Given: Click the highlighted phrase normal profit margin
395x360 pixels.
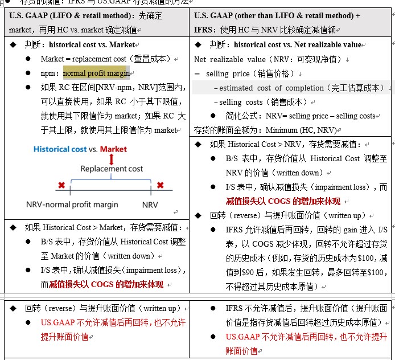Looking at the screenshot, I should [x=96, y=73].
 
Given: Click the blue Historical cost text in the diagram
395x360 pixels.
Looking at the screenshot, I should [x=60, y=149].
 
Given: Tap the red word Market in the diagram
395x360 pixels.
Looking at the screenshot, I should [x=113, y=149].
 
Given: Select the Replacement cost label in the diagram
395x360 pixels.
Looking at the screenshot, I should [x=112, y=169].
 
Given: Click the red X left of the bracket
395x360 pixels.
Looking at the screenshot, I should [x=61, y=185].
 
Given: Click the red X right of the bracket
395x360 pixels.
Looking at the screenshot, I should [x=161, y=185].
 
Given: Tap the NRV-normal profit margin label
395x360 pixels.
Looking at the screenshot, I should [x=72, y=204].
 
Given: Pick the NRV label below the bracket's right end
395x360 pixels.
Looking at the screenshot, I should [x=150, y=204].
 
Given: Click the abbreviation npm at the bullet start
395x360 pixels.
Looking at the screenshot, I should [x=48, y=73].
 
